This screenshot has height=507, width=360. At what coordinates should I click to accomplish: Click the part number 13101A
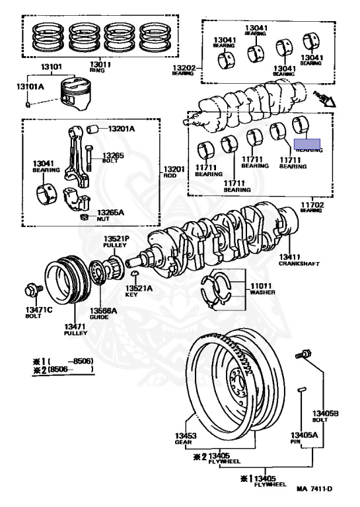28,86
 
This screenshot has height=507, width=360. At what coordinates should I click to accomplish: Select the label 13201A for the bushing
121,128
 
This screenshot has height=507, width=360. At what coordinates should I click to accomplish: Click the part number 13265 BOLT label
112,158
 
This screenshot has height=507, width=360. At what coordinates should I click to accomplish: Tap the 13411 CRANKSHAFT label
299,259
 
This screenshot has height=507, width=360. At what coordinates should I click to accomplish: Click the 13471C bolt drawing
31,289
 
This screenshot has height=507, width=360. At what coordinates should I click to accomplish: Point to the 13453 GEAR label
186,438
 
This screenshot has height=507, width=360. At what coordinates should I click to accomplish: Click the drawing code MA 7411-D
314,489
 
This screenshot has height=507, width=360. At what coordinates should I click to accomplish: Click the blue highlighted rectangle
307,143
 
